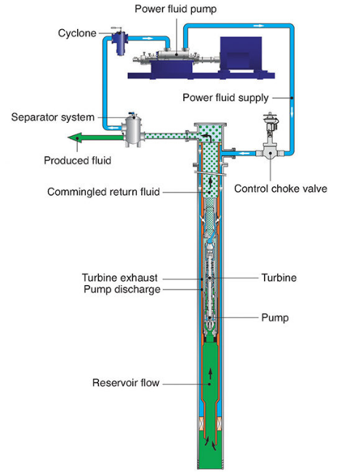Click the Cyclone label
tap(77, 33)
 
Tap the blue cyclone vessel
tap(120, 41)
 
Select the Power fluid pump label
tap(175, 9)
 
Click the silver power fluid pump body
tap(175, 55)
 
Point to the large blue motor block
tap(241, 53)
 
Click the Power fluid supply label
tap(225, 98)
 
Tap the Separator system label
tap(52, 117)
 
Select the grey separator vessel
tap(133, 130)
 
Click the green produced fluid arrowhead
tap(75, 138)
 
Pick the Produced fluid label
tap(77, 161)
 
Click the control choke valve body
tap(270, 152)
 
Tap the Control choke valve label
tap(281, 189)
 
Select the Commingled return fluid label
tap(103, 192)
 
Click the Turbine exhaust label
tap(120, 278)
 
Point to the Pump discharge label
tap(122, 289)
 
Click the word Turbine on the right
tap(279, 278)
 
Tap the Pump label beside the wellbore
tap(275, 318)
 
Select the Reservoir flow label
tap(126, 383)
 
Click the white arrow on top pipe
tap(259, 26)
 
